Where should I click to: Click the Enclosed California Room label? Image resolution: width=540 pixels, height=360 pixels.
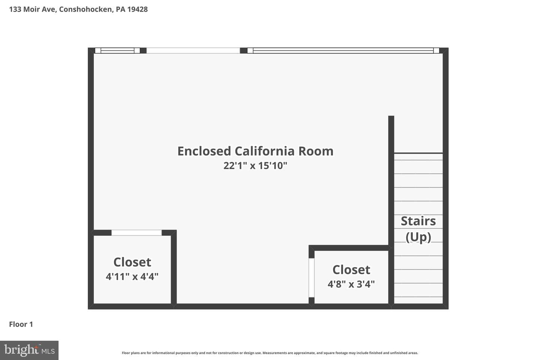(x=255, y=151)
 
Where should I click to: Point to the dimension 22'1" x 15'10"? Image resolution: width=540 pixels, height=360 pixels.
(x=255, y=166)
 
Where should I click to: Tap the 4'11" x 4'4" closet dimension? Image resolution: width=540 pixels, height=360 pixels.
(x=132, y=276)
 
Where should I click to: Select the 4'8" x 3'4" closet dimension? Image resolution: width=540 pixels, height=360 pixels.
(x=351, y=284)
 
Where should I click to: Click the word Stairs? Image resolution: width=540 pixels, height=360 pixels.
(x=418, y=221)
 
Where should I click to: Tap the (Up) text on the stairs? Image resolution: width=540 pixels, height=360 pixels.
(x=418, y=237)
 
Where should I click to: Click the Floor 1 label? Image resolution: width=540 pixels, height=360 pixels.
(x=21, y=324)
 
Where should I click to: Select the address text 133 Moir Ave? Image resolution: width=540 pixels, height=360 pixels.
(x=33, y=9)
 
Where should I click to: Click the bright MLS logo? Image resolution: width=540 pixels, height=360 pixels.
(x=29, y=350)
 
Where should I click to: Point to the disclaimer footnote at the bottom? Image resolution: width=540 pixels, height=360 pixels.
(x=270, y=353)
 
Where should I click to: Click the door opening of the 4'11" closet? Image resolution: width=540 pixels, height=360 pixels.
(x=136, y=232)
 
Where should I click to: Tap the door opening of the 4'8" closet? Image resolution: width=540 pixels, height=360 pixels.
(x=312, y=278)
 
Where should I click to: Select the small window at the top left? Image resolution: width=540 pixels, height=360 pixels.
(x=117, y=50)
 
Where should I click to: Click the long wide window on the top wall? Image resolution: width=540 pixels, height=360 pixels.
(x=343, y=50)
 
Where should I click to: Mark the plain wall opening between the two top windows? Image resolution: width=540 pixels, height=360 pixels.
(x=193, y=50)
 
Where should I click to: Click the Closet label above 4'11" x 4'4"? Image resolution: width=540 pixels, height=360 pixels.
(x=132, y=262)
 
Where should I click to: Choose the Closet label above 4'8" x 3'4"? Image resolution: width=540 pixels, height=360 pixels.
(x=351, y=270)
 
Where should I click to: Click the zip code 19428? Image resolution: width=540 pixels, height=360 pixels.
(x=137, y=9)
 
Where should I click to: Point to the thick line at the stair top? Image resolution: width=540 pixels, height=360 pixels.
(x=418, y=153)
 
